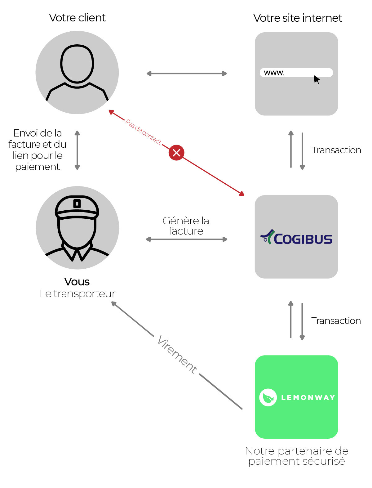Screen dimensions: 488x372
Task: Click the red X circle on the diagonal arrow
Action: [x=176, y=153]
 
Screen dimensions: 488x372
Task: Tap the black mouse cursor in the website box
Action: [x=317, y=79]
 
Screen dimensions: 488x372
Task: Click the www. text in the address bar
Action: [x=274, y=73]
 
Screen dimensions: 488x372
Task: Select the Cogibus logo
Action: [x=296, y=238]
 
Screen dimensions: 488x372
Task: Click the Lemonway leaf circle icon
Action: [x=268, y=397]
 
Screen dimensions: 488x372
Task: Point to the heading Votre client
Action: [x=77, y=18]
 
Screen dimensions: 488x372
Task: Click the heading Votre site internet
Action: [x=297, y=18]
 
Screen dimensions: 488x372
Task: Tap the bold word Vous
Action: [x=77, y=282]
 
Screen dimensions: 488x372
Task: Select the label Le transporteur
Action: [x=77, y=293]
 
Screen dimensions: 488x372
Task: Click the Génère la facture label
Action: [x=186, y=226]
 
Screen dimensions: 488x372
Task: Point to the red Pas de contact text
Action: [x=143, y=132]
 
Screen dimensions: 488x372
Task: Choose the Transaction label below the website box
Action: [x=336, y=150]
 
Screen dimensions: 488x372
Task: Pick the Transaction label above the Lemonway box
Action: [x=336, y=321]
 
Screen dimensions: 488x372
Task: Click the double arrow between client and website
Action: [x=187, y=74]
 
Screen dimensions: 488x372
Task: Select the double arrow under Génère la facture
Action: [x=187, y=239]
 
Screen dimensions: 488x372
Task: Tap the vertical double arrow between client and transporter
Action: [x=77, y=150]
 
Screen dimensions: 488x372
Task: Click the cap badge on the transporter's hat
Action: [x=77, y=204]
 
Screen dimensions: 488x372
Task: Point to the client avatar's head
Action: [x=77, y=64]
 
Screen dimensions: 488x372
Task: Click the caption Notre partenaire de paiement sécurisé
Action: [x=296, y=456]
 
